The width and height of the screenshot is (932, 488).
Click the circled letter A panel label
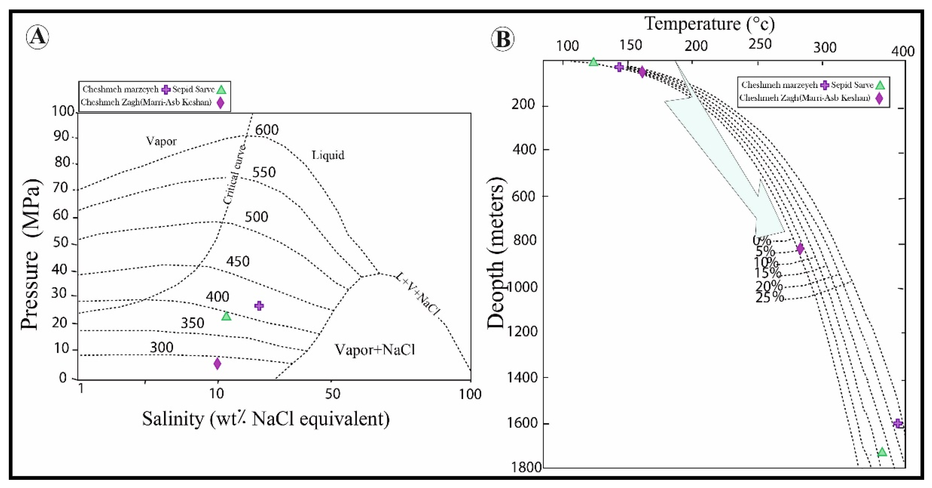click(x=38, y=37)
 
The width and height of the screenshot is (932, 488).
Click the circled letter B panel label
click(x=502, y=39)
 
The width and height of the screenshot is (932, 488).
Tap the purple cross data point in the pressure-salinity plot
click(x=259, y=306)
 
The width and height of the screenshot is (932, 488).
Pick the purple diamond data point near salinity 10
click(x=217, y=363)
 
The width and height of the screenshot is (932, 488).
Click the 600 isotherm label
click(x=267, y=130)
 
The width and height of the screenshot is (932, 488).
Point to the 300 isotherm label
click(x=161, y=347)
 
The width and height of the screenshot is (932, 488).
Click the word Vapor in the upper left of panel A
click(x=161, y=141)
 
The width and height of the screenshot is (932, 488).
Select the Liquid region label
click(x=328, y=155)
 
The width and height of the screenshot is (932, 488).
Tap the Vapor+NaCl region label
click(x=374, y=350)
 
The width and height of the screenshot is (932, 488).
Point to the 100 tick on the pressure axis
click(x=63, y=111)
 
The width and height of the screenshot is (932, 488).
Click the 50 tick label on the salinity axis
click(x=332, y=394)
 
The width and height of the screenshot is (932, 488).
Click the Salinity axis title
click(x=266, y=419)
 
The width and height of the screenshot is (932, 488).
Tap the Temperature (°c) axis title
click(x=710, y=24)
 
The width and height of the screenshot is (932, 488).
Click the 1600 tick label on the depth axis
click(x=523, y=423)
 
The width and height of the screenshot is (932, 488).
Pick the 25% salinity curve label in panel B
click(x=770, y=297)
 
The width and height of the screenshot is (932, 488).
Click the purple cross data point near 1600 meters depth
click(x=898, y=423)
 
